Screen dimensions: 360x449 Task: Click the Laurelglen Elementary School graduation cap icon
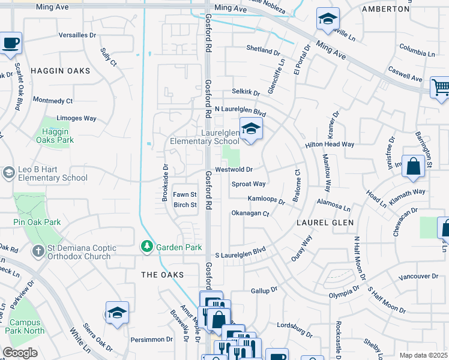(252, 128)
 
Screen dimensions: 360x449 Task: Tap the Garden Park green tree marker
(146, 247)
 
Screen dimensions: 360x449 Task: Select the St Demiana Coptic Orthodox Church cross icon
(38, 250)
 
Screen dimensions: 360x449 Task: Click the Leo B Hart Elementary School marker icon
(8, 173)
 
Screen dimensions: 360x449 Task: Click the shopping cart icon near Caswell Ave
(441, 88)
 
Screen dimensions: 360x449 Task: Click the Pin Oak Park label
(37, 222)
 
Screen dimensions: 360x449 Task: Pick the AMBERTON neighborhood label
(385, 10)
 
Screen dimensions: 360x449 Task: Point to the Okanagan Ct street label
(251, 213)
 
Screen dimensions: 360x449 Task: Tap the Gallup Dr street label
(264, 290)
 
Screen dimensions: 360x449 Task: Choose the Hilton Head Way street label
(330, 145)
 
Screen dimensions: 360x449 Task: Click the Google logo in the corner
(20, 353)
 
